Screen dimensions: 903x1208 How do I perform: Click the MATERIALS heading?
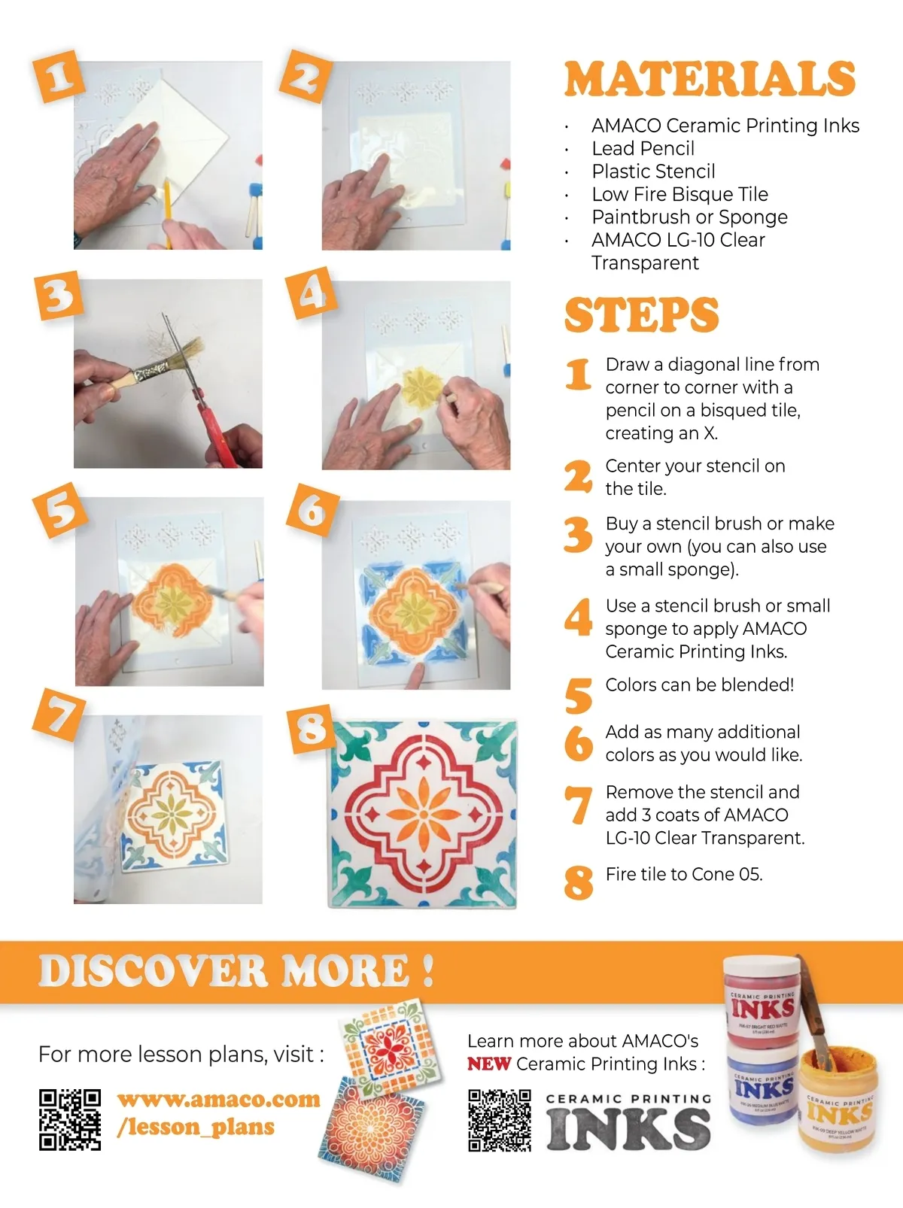[x=710, y=79]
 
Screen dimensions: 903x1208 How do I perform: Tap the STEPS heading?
[x=641, y=314]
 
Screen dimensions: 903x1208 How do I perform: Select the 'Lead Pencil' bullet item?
[x=643, y=149]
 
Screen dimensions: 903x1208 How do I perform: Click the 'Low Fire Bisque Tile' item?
[x=680, y=194]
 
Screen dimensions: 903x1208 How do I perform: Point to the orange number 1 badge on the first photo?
[x=59, y=77]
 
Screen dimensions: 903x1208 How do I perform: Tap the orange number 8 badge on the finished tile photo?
[x=311, y=729]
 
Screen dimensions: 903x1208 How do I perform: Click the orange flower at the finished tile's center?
[x=423, y=813]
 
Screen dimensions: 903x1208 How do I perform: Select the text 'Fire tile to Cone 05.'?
[x=684, y=874]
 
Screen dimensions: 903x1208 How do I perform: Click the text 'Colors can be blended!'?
[x=700, y=684]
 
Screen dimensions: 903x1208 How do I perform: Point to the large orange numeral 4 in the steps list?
[x=578, y=617]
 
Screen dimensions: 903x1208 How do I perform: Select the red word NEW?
[x=489, y=1064]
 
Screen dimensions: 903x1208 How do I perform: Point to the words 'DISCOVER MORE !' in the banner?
[x=236, y=971]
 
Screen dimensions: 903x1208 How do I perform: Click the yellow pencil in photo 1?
[x=167, y=214]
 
